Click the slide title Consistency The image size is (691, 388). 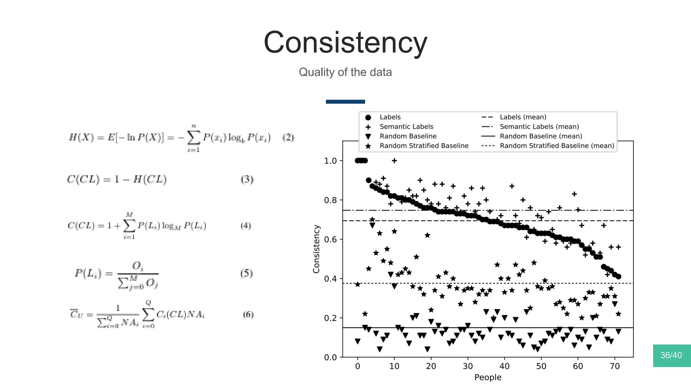[x=345, y=43]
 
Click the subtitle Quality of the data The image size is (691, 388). [x=345, y=72]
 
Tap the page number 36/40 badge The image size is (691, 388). [x=671, y=355]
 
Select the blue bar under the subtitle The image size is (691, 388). [x=345, y=102]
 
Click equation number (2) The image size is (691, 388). [x=288, y=137]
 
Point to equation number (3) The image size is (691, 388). [x=247, y=179]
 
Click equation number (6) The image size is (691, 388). [x=248, y=314]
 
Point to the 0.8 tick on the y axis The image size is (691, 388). [x=330, y=200]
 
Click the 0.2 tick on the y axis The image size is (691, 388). [x=330, y=318]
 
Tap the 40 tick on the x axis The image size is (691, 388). [x=504, y=366]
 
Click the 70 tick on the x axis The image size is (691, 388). [x=615, y=366]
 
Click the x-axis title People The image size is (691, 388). [x=488, y=378]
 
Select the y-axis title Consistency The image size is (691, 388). [x=316, y=249]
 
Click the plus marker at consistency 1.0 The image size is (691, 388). [x=394, y=161]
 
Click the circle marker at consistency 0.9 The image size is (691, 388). [x=368, y=180]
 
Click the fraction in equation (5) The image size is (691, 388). [x=138, y=274]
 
